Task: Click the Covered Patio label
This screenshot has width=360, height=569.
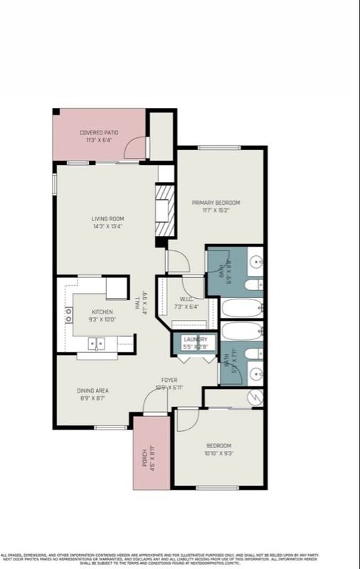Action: coord(98,132)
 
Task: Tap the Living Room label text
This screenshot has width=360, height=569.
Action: coord(107,218)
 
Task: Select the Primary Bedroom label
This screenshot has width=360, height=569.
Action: coord(216,203)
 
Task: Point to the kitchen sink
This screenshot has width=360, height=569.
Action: coord(96,344)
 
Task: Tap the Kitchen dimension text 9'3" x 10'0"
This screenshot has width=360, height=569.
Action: coord(102,320)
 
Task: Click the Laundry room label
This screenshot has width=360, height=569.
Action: coord(194,339)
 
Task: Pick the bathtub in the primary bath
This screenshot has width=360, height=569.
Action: coord(242,308)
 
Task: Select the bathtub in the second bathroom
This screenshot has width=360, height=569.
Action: coord(242,332)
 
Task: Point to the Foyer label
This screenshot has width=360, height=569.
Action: coord(169,381)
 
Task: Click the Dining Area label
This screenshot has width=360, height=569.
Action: coord(92,390)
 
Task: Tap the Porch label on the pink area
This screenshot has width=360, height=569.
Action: coord(144,453)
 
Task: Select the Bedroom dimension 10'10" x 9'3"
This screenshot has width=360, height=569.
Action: coord(218,452)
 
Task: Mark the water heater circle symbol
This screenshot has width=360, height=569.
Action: coord(255,396)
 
